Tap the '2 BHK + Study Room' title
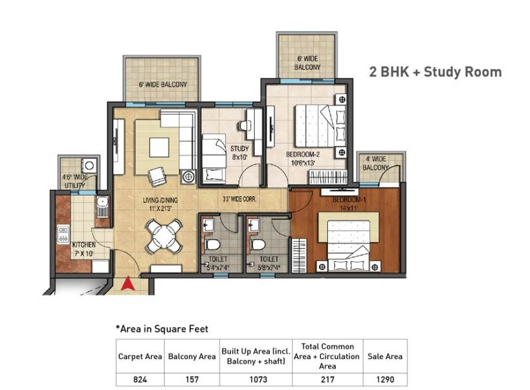point(435,72)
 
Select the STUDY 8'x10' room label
point(239,153)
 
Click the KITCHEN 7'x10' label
point(84,249)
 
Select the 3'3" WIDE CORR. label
point(239,200)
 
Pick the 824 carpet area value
point(140,379)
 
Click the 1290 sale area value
point(385,379)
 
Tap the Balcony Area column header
point(192,357)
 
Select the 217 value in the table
point(327,379)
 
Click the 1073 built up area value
point(255,379)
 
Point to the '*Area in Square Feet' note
point(161,329)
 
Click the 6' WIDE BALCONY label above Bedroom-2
point(307,62)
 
